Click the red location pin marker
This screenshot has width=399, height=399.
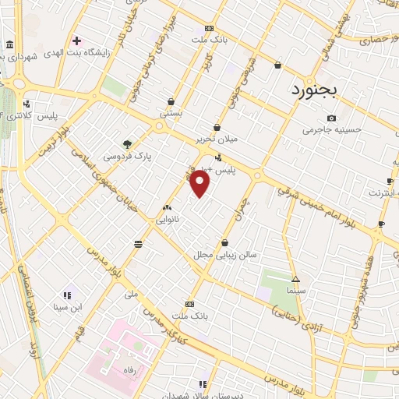[x=200, y=184]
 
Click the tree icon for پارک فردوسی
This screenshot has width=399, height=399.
[x=127, y=143]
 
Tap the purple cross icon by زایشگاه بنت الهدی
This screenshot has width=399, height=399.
[x=76, y=41]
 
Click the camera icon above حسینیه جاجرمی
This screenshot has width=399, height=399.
[x=331, y=118]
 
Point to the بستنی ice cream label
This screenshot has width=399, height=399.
[x=171, y=114]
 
